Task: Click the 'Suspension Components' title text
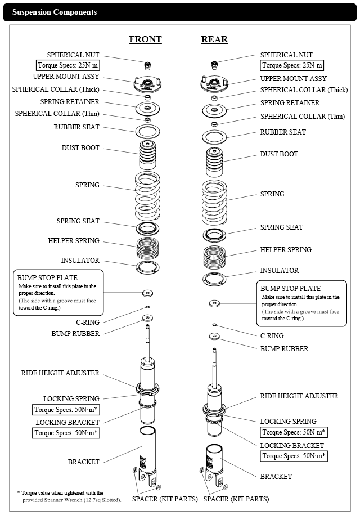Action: click(x=55, y=12)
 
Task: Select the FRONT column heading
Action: click(x=145, y=39)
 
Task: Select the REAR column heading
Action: click(x=214, y=39)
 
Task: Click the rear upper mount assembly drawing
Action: click(x=214, y=85)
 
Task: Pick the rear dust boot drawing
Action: click(x=214, y=163)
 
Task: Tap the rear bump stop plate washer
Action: click(x=214, y=303)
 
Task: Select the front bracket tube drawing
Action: click(x=147, y=454)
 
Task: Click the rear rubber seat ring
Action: click(x=214, y=137)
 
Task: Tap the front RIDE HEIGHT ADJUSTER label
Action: click(x=60, y=373)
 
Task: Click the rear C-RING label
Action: click(x=272, y=336)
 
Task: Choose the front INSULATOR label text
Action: click(x=80, y=261)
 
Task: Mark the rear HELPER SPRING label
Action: click(x=285, y=250)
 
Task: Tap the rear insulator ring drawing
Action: click(x=214, y=278)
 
